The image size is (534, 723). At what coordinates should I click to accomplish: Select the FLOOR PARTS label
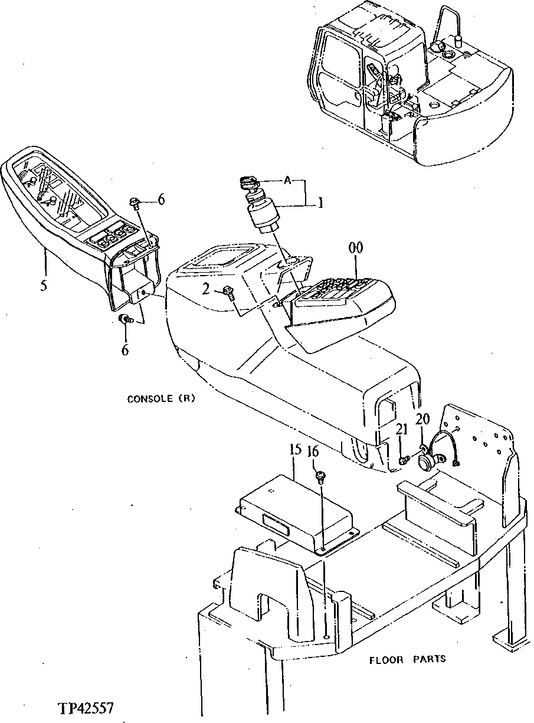coord(408,659)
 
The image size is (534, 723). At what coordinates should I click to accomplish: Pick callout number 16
coord(313,452)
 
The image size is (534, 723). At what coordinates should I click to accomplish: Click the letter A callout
coord(287,181)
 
